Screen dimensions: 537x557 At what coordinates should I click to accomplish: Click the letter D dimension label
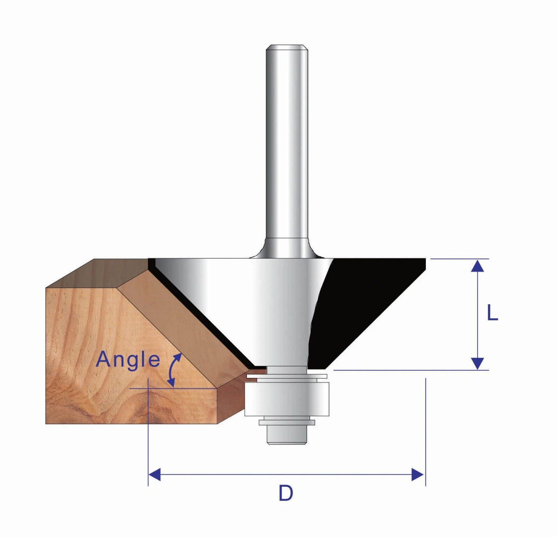point(286,494)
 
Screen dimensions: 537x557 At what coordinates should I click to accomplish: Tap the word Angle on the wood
point(128,359)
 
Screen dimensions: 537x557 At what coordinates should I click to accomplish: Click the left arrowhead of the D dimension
point(154,474)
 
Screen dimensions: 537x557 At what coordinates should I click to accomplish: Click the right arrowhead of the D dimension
point(417,474)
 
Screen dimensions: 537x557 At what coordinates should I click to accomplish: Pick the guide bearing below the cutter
point(287,399)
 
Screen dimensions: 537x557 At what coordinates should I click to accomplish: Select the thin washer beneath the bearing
point(287,422)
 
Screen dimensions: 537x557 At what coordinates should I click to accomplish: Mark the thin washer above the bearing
point(287,376)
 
